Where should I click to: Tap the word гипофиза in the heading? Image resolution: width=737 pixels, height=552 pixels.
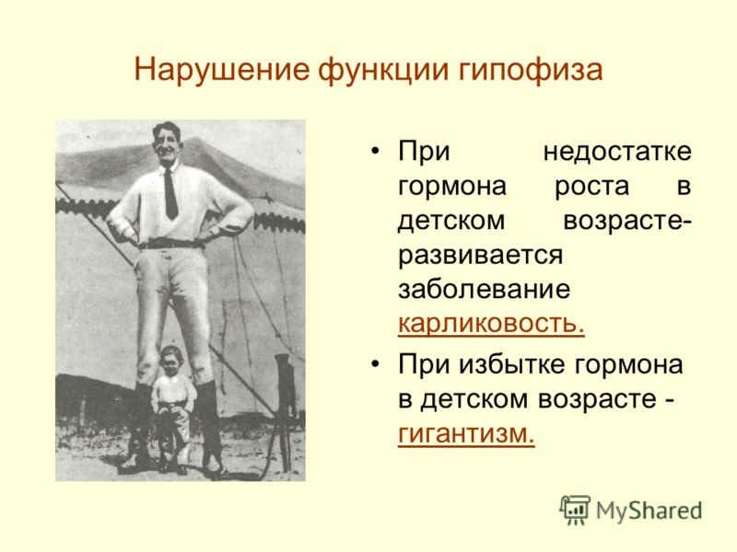pos(531,71)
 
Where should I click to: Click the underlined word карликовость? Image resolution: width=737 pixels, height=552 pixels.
pos(491,323)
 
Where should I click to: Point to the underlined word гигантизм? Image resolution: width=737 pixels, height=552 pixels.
pos(466,432)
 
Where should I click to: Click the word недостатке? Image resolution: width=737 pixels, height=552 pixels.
pos(617,152)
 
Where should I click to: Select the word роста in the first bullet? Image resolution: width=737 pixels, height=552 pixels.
pos(591,186)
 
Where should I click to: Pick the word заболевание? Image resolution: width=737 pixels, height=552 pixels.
pos(485,288)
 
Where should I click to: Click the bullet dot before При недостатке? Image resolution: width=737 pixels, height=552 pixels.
pos(375,152)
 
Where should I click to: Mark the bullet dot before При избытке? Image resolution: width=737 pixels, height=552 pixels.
pos(375,364)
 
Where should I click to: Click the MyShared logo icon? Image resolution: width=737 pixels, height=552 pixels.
pos(575,510)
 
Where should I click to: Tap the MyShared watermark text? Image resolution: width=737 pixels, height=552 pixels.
pos(649,511)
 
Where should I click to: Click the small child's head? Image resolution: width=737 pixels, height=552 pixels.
pos(171,361)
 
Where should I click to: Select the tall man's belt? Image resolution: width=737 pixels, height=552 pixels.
pos(171,244)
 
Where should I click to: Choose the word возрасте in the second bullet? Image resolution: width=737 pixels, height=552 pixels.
pos(597,399)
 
